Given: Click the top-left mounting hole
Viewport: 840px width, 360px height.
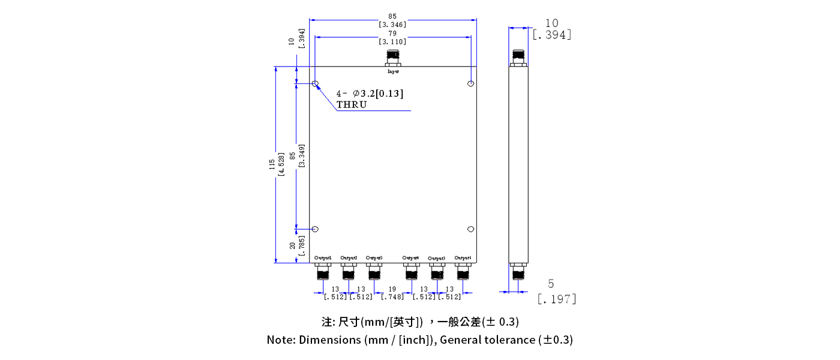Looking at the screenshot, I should point(315,83).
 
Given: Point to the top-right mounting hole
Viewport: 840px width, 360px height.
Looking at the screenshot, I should point(471,83).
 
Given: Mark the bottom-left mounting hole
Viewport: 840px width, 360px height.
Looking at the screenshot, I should point(315,229).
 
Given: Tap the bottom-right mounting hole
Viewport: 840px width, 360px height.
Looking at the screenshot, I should point(471,229).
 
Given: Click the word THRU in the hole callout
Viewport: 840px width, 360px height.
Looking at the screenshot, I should point(352,104).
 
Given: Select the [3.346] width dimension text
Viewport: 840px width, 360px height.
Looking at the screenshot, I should point(392,25).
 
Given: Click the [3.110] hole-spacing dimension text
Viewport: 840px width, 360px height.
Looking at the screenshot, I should point(392,41).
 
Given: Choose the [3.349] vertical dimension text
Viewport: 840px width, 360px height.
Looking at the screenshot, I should point(301,155).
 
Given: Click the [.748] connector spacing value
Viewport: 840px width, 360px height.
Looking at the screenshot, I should point(392,296).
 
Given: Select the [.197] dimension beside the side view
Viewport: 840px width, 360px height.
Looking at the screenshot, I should point(556,298).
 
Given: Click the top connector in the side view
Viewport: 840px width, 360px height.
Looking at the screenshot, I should point(518,58).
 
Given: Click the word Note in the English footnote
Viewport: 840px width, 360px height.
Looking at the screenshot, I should point(280,340).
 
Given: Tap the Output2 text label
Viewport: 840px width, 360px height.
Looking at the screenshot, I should point(349,258).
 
